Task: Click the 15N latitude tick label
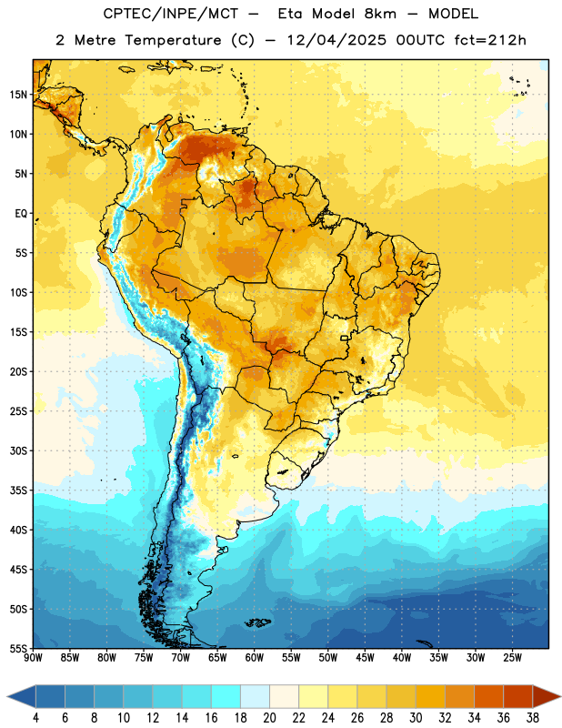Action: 18,95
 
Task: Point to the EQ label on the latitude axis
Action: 21,214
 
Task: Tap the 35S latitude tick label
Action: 18,490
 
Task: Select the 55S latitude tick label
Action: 18,648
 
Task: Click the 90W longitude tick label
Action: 33,658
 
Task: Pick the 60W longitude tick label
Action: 255,658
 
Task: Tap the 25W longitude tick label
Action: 512,658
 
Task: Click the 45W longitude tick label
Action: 365,658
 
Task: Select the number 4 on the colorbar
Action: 35,718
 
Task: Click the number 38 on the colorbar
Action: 533,718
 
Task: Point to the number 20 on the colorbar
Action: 269,718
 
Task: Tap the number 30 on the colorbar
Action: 416,718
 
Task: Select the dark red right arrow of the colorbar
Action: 546,696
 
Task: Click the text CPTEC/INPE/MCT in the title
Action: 170,14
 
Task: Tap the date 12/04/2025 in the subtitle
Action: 336,40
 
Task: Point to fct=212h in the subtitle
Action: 490,40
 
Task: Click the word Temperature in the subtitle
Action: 173,40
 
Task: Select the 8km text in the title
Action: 380,14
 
